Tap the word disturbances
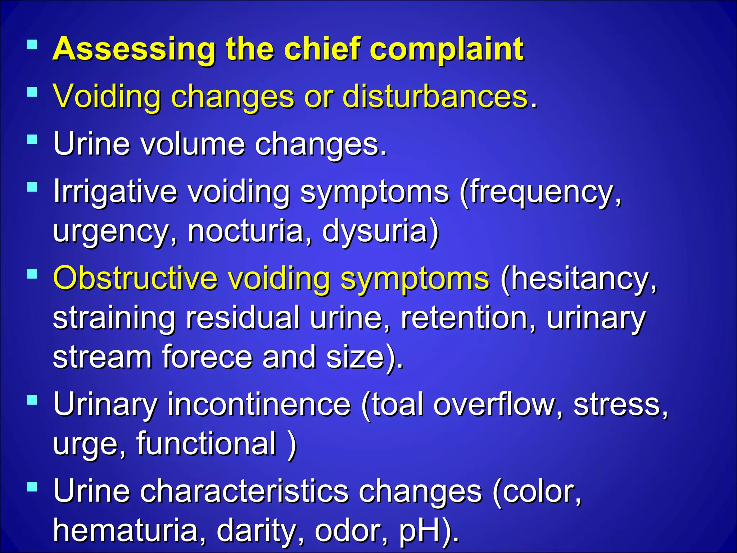click(x=435, y=96)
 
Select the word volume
click(x=192, y=144)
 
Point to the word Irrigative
click(x=115, y=192)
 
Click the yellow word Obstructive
click(x=135, y=278)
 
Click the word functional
click(x=206, y=444)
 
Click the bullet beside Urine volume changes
click(x=32, y=139)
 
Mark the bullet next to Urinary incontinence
click(x=32, y=400)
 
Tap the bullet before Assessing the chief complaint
click(x=32, y=45)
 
